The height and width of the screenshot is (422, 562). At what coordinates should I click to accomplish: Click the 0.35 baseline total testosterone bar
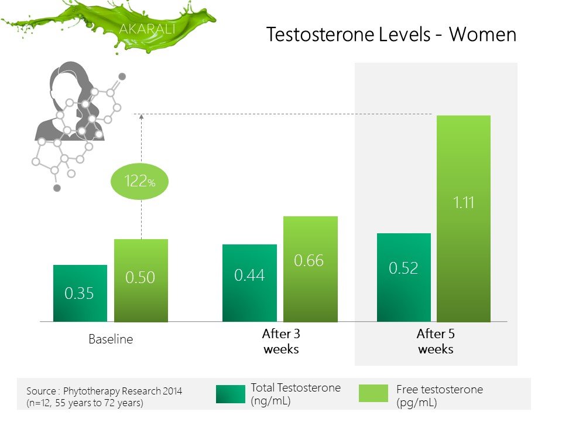(80, 293)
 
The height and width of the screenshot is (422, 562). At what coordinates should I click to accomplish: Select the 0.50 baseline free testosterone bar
(141, 280)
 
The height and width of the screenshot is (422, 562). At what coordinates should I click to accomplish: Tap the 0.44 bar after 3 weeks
(249, 283)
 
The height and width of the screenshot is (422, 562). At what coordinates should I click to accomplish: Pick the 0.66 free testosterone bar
(310, 269)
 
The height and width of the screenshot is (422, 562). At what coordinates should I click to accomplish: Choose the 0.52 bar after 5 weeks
(404, 277)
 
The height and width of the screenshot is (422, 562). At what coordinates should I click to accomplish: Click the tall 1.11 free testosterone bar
(464, 219)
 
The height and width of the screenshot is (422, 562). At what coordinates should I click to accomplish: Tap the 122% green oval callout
(139, 181)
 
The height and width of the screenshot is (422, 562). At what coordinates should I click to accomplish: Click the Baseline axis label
(111, 339)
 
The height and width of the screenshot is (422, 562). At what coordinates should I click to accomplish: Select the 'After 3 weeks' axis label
(281, 341)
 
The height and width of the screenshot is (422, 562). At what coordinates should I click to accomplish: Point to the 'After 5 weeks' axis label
(436, 341)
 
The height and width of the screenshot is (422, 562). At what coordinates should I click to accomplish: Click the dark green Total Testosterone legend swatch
(231, 394)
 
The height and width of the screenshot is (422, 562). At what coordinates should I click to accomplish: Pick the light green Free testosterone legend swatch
(373, 393)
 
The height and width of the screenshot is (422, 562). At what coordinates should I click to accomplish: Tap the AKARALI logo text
(148, 29)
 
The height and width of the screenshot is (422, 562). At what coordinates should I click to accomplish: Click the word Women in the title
(483, 35)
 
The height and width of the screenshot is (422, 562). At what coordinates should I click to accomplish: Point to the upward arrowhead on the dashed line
(142, 117)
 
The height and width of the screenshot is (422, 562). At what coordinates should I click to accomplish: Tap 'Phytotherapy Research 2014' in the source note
(122, 391)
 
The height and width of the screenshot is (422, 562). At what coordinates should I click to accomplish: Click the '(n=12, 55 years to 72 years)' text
(85, 403)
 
